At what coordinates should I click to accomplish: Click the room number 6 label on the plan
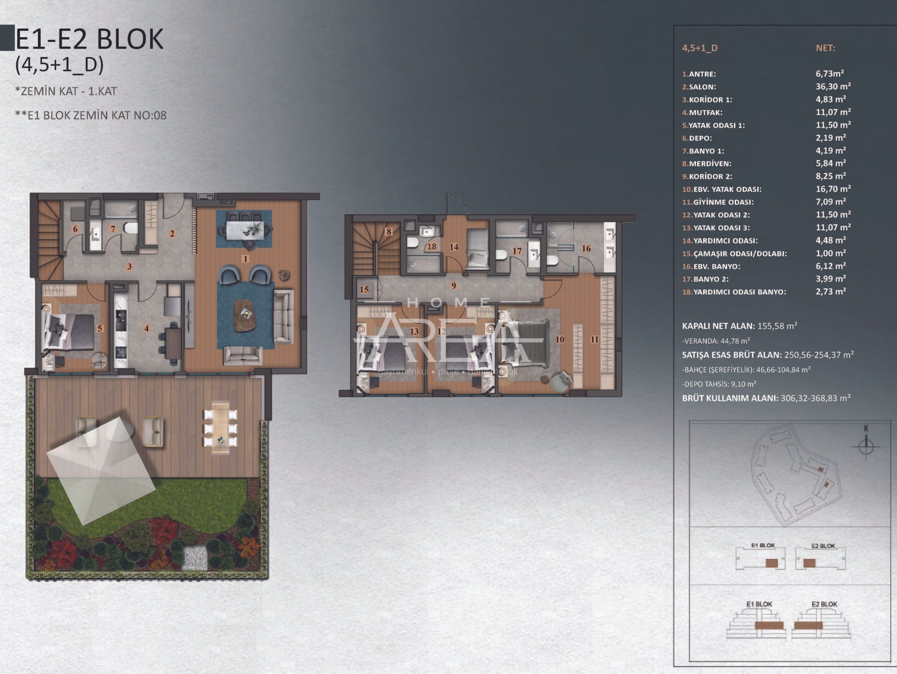click(75, 229)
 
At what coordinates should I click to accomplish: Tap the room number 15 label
click(364, 289)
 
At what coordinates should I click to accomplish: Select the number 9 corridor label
click(453, 285)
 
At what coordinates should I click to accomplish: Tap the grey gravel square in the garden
click(196, 558)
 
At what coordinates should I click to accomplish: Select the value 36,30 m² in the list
click(833, 86)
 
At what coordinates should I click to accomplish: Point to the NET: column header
click(825, 48)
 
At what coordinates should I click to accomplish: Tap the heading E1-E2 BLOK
click(89, 39)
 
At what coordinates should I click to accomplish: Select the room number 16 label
click(586, 249)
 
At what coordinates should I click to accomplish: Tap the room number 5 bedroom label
click(100, 328)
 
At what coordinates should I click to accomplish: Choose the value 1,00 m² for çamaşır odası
click(831, 253)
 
